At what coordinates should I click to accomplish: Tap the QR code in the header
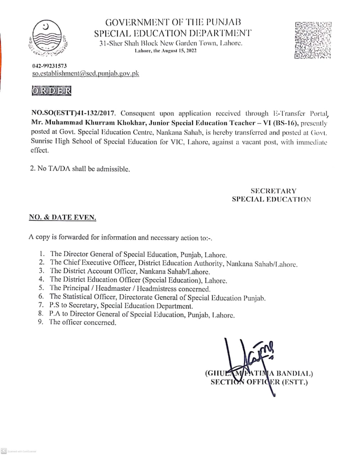click(x=313, y=40)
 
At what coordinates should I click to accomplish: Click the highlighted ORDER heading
click(x=51, y=91)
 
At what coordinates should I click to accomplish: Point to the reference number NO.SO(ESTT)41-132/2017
click(x=74, y=114)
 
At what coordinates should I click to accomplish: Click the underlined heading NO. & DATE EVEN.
click(x=63, y=218)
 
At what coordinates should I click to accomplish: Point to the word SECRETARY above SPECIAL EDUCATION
click(x=273, y=191)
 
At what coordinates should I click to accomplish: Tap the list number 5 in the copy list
click(x=42, y=288)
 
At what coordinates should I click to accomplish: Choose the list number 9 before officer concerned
click(x=41, y=322)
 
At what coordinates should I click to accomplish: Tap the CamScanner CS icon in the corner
click(x=4, y=450)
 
